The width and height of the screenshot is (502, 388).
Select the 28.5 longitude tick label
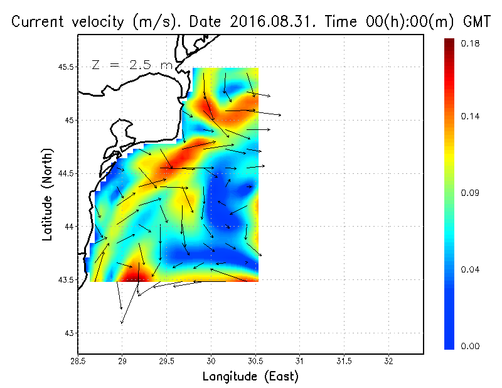click(78, 362)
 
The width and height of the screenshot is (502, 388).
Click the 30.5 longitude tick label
click(255, 362)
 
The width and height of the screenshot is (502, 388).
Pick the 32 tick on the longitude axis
click(388, 362)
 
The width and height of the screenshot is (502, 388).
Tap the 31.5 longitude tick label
click(344, 362)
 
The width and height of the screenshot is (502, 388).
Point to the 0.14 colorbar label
click(469, 117)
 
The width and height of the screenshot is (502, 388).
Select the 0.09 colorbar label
click(469, 193)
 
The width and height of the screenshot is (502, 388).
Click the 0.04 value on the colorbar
click(469, 270)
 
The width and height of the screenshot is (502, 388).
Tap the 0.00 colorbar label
click(469, 346)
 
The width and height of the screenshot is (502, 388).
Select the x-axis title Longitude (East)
click(250, 377)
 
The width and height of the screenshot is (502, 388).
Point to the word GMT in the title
click(476, 22)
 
